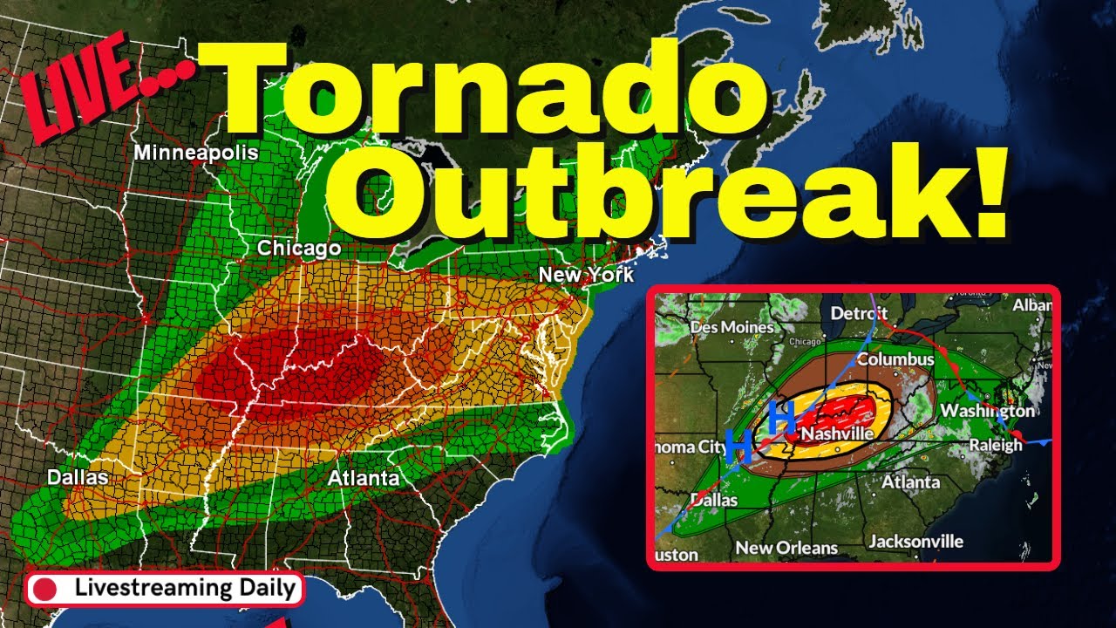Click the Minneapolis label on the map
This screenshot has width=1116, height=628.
tap(195, 153)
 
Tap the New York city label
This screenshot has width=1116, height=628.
tap(586, 275)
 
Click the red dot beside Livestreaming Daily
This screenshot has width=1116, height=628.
tap(44, 589)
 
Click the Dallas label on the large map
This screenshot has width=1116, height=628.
tap(78, 478)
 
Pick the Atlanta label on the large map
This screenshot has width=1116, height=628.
tap(364, 478)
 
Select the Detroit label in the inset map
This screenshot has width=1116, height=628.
tap(860, 313)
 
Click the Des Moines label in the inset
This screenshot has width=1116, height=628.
tap(732, 328)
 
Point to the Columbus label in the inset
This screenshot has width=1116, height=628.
tap(895, 359)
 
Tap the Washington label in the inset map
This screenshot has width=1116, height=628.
tap(988, 410)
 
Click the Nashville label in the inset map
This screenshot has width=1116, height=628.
tap(836, 433)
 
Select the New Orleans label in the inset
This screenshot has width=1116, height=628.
tap(787, 548)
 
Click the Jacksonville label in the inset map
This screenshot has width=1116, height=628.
tap(916, 542)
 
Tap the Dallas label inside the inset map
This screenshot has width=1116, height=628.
tap(714, 501)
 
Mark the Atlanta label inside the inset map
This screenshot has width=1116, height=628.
tap(911, 481)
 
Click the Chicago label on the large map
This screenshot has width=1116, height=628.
tap(298, 249)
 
